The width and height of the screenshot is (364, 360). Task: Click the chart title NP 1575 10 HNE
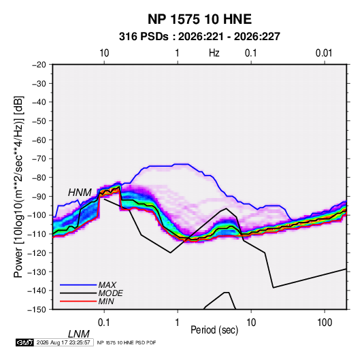pyautogui.click(x=199, y=19)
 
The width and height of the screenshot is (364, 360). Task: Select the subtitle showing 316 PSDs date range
pyautogui.click(x=199, y=37)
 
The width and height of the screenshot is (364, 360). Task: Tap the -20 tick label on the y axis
pyautogui.click(x=39, y=65)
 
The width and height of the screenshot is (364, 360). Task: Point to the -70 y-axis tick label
pyautogui.click(x=39, y=159)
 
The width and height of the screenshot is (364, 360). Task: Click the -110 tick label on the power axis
pyautogui.click(x=37, y=234)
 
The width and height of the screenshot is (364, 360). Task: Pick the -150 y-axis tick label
pyautogui.click(x=37, y=310)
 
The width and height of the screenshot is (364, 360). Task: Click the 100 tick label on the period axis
pyautogui.click(x=325, y=323)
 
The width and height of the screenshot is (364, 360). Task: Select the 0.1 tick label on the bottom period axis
pyautogui.click(x=104, y=323)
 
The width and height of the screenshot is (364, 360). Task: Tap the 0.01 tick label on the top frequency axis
pyautogui.click(x=324, y=53)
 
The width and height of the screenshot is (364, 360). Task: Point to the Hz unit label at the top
pyautogui.click(x=214, y=53)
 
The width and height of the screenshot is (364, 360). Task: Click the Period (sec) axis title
pyautogui.click(x=214, y=330)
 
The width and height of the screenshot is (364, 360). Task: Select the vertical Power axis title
pyautogui.click(x=18, y=186)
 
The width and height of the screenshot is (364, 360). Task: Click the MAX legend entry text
pyautogui.click(x=107, y=284)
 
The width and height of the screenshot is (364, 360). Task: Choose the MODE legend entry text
pyautogui.click(x=110, y=293)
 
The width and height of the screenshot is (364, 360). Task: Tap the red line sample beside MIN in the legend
pyautogui.click(x=78, y=301)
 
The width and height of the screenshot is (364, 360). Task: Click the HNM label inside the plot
pyautogui.click(x=80, y=193)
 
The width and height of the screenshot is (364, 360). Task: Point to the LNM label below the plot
pyautogui.click(x=78, y=334)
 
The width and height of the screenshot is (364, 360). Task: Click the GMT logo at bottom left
pyautogui.click(x=24, y=342)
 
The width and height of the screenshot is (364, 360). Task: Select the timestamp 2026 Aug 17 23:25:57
pyautogui.click(x=63, y=342)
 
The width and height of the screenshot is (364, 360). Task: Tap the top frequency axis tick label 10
pyautogui.click(x=104, y=53)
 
